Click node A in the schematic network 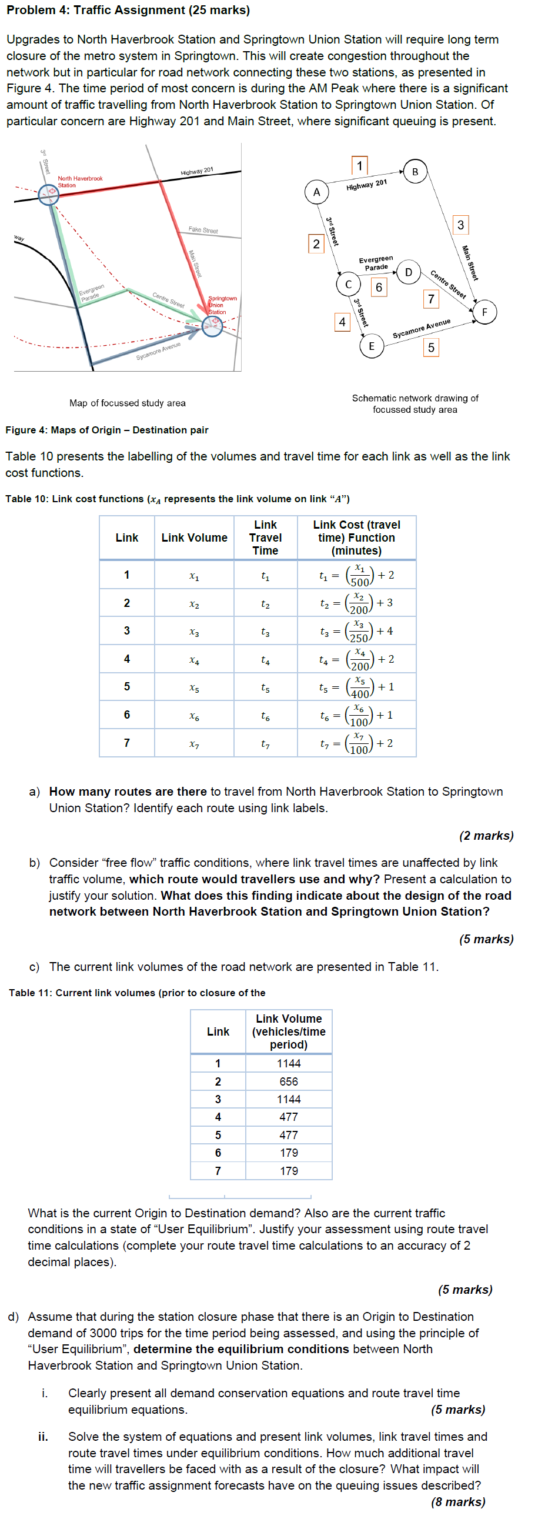coord(316,192)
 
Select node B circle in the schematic coord(415,172)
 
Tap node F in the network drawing coord(484,312)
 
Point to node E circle coord(372,346)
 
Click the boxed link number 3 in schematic coord(460,225)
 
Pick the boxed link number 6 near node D coord(379,288)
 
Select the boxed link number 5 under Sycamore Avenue coord(431,347)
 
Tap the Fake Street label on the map coord(203,230)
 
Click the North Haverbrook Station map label coord(79,182)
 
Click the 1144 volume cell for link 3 coord(289,1099)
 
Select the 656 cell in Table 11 coord(289,1081)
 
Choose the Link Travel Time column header coord(265,538)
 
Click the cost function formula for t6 coord(356,715)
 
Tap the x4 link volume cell coord(194,659)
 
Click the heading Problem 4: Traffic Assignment coord(128,10)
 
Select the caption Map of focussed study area coord(127,403)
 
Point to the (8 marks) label coord(458,1502)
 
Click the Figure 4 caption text coord(107,430)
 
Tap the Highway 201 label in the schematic coord(366,185)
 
